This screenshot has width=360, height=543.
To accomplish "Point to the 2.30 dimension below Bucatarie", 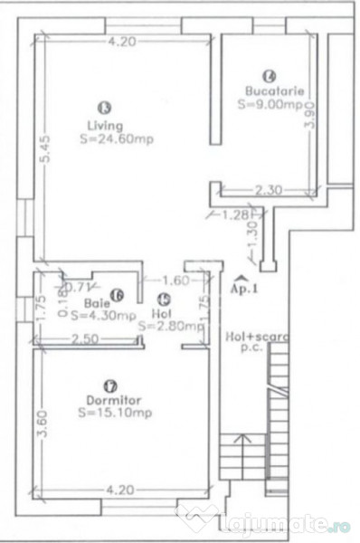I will pos(269,190).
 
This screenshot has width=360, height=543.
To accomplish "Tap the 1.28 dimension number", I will pos(233,214).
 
